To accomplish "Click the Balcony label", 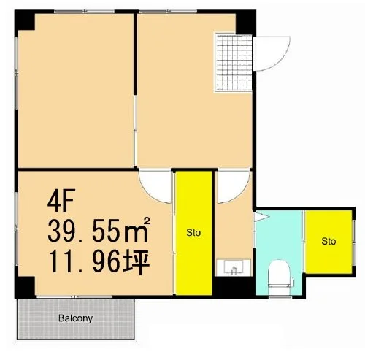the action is pos(75,318).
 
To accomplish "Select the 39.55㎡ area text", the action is pos(99,230).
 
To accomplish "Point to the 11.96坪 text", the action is pos(99,262).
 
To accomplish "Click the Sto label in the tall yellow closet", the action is pos(193,233).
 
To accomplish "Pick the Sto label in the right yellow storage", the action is pos(328,241).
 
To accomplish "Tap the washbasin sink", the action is pos(234,268).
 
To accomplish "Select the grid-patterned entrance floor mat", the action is pos(234,62).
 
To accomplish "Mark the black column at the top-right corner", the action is pos(246,22).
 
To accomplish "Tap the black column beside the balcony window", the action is pos(25,287).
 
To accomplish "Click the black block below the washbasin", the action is pos(234,286).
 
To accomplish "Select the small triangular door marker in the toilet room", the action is pos(261,217).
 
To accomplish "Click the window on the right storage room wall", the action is pos(354,242).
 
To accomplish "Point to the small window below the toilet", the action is pos(280,297).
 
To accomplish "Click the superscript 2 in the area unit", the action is pos(147,221).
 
